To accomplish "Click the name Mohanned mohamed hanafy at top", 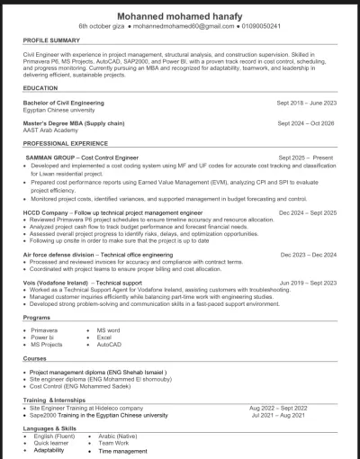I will point(180,14).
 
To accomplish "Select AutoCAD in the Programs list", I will point(109,345).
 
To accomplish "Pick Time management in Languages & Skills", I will point(122,450).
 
